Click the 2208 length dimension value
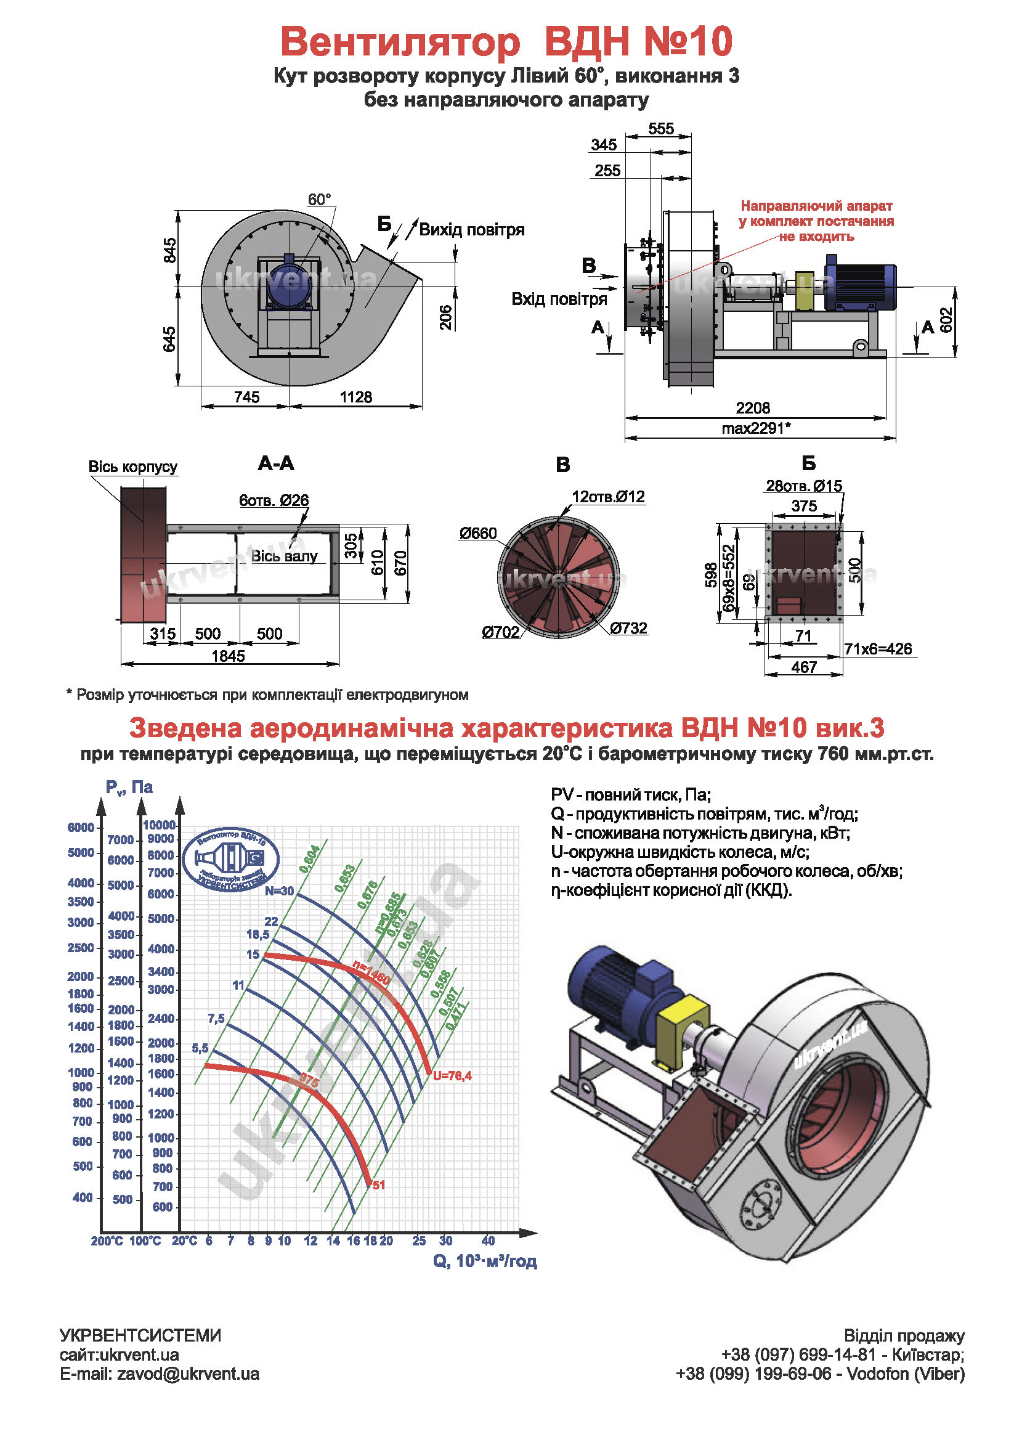tap(752, 408)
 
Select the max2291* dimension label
tap(756, 428)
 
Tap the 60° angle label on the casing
tap(319, 200)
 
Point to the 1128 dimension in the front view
tap(356, 397)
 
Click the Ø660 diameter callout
tap(477, 534)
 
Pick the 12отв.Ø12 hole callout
tap(608, 497)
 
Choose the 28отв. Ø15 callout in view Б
tap(803, 486)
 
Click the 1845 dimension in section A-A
tap(228, 656)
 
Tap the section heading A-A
tap(275, 463)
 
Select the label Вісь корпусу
tap(132, 466)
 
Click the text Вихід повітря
tap(471, 230)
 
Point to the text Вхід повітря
tap(559, 299)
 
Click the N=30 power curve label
tap(279, 891)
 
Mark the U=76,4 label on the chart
tap(452, 1075)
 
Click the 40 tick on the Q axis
tap(488, 1240)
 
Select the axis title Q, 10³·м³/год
tap(485, 1261)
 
